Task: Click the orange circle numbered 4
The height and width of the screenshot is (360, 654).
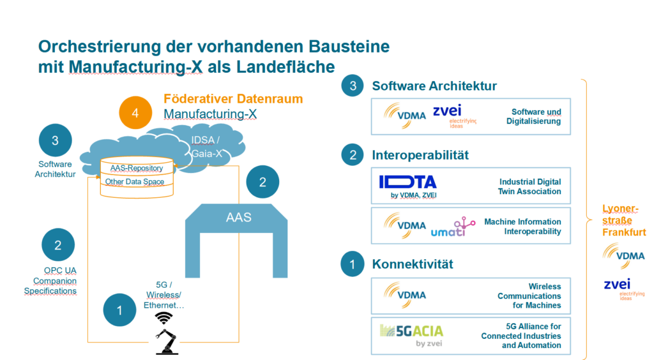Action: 135,112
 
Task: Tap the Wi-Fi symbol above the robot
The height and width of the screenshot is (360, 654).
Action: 165,317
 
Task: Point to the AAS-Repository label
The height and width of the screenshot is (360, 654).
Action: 137,168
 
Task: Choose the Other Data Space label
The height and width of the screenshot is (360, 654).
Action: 135,182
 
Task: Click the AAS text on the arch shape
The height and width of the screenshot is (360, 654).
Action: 238,217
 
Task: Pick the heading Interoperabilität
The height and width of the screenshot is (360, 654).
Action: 420,155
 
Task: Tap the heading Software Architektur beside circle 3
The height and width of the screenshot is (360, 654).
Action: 434,86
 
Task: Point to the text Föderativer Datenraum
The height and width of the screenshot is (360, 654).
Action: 233,99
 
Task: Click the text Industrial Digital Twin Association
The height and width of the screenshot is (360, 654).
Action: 530,187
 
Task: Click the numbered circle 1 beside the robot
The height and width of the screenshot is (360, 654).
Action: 120,310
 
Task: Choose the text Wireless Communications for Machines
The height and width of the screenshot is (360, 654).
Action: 529,296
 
